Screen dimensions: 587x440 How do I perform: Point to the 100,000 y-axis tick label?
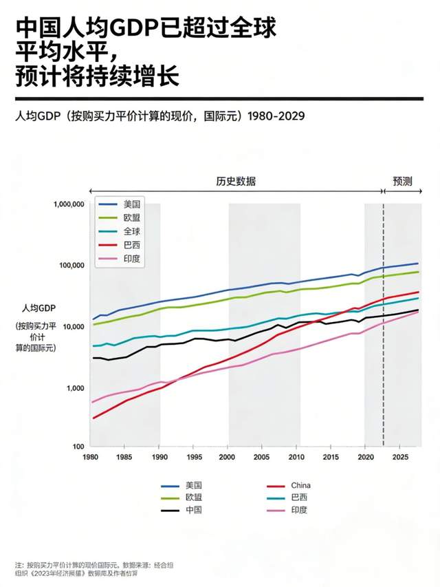[69, 266]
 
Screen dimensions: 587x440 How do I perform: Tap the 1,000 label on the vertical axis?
[74, 388]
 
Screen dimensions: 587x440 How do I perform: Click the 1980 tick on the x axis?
[90, 456]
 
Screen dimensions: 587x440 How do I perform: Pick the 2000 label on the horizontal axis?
[228, 456]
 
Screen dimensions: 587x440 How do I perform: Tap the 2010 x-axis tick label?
[296, 456]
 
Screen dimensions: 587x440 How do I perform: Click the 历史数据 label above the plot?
[236, 182]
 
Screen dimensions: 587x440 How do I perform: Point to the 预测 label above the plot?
[402, 182]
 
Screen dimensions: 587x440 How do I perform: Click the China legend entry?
[300, 485]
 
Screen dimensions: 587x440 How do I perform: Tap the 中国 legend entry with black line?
[193, 510]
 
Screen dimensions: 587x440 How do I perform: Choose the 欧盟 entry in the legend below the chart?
[193, 498]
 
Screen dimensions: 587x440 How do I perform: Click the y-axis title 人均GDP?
[38, 308]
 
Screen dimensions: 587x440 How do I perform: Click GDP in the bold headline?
[134, 29]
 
